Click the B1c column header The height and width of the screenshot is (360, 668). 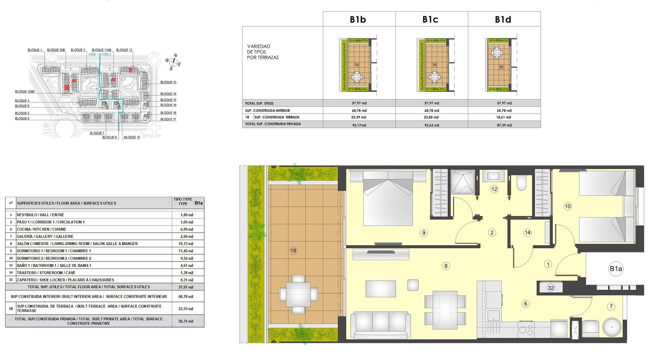click(x=430, y=19)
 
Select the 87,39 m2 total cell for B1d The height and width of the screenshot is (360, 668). click(x=504, y=125)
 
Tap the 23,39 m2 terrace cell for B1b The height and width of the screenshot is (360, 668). click(x=359, y=117)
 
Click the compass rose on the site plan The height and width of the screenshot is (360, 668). click(x=173, y=62)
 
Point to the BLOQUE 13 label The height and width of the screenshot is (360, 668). click(x=169, y=82)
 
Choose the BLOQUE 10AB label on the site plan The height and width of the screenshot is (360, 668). click(x=25, y=92)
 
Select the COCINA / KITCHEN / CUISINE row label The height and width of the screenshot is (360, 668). click(x=41, y=229)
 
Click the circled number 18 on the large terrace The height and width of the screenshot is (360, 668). click(x=293, y=251)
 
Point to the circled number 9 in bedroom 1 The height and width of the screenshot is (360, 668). click(x=423, y=233)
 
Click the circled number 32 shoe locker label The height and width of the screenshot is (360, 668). click(x=551, y=288)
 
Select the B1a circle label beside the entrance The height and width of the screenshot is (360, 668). click(x=615, y=269)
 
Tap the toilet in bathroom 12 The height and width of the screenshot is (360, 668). click(x=521, y=182)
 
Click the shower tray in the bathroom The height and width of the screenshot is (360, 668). click(x=463, y=182)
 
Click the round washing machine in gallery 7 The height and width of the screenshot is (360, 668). click(x=612, y=327)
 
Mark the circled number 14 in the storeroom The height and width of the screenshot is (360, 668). click(x=527, y=233)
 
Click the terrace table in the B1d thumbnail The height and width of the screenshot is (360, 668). click(x=497, y=53)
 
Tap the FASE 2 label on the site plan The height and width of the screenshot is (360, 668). click(x=106, y=55)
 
